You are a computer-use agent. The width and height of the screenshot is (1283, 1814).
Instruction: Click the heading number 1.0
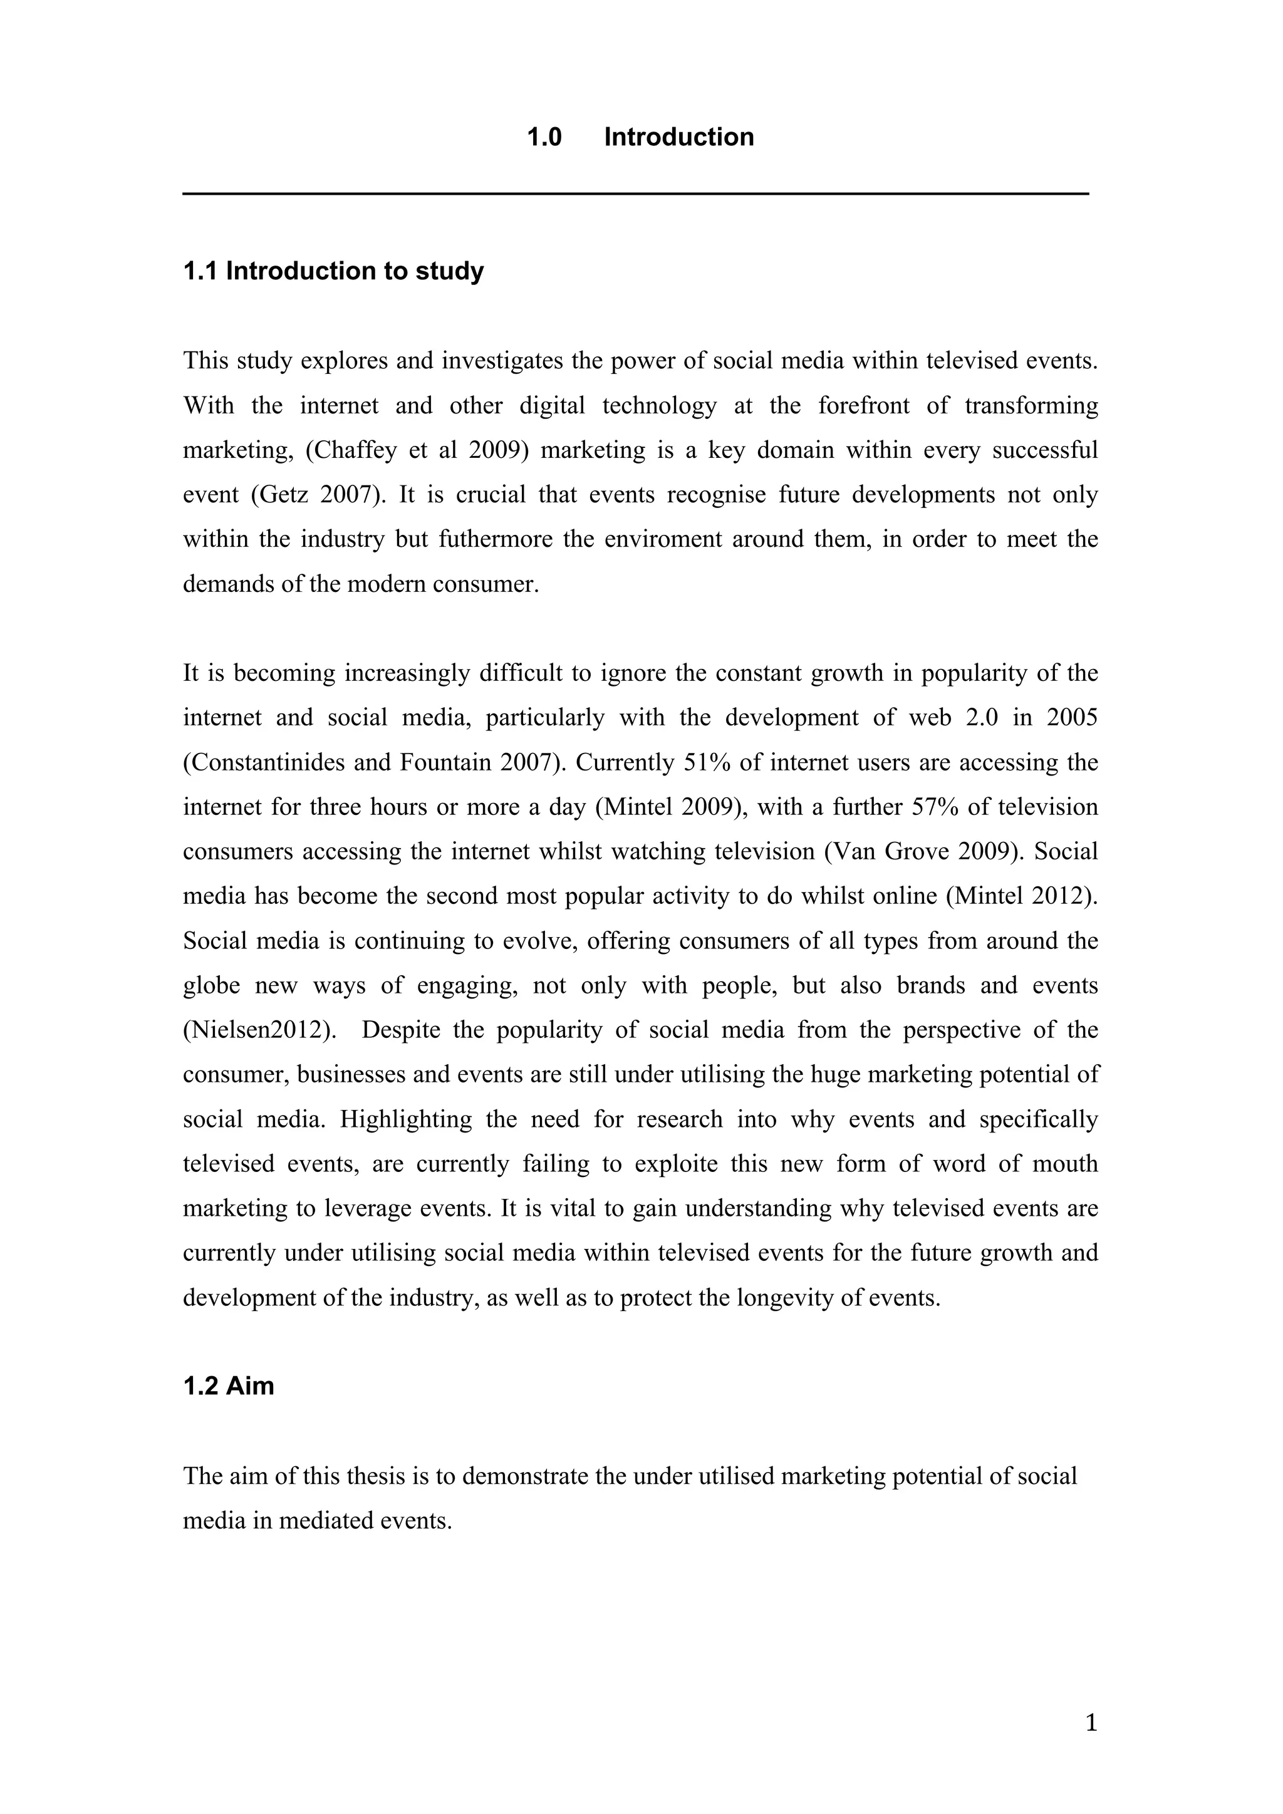pyautogui.click(x=544, y=137)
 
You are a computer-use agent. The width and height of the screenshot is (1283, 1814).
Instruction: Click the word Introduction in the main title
pyautogui.click(x=678, y=137)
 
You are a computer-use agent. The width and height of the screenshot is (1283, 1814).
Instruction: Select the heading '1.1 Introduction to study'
pyautogui.click(x=333, y=271)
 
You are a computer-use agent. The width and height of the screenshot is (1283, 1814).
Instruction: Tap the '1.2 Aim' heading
pyautogui.click(x=228, y=1386)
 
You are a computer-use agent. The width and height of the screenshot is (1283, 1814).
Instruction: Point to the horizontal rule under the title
pyautogui.click(x=636, y=193)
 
